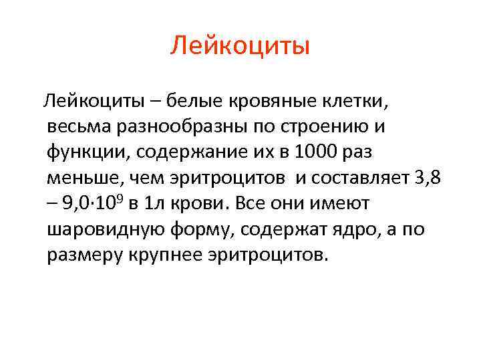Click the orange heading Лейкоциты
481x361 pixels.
[240, 46]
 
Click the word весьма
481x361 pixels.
[79, 127]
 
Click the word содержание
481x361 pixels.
[189, 152]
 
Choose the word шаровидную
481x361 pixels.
[108, 229]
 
